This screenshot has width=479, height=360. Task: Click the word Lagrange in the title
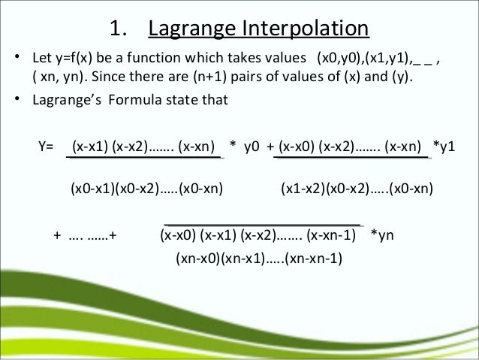(195, 29)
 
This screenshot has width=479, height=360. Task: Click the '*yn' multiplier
(383, 234)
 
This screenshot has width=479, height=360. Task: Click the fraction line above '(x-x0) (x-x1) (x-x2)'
(263, 224)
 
